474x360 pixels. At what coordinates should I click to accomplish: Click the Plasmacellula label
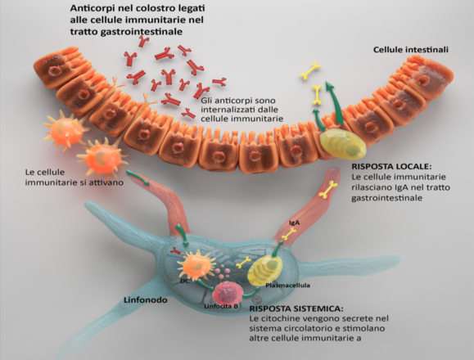287,286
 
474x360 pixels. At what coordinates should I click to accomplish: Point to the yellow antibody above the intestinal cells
310,72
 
